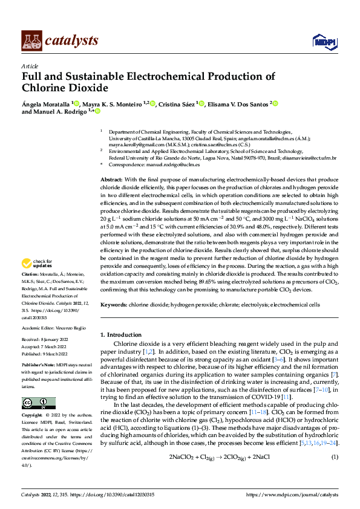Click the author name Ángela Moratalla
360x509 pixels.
[x=46, y=104]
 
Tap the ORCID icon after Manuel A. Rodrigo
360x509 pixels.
[x=97, y=112]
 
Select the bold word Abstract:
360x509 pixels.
[x=111, y=180]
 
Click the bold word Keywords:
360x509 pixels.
[x=113, y=305]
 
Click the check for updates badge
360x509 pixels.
[x=36, y=264]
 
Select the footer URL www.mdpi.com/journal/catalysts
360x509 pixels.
[x=292, y=494]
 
